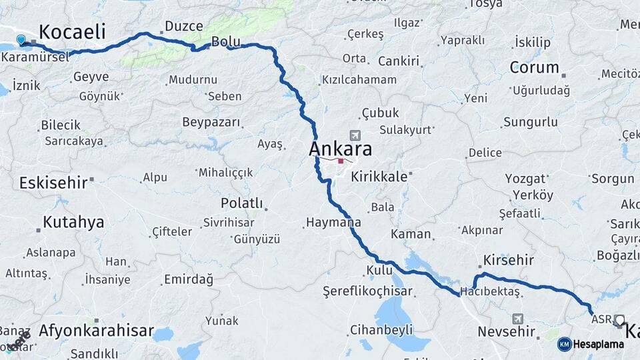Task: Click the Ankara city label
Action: [x=340, y=149]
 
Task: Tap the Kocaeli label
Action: [x=73, y=32]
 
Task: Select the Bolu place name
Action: [x=225, y=42]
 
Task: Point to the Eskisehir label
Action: [x=53, y=182]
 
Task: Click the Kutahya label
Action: [x=73, y=222]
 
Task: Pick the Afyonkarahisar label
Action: [x=96, y=330]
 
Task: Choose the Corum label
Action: [x=534, y=67]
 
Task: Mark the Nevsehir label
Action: [x=507, y=331]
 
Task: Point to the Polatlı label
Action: [x=241, y=203]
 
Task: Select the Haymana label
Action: [x=333, y=223]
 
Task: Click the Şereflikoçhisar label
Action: [x=367, y=291]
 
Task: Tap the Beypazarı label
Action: [x=211, y=122]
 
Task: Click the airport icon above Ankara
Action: [x=353, y=135]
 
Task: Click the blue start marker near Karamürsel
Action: [x=22, y=41]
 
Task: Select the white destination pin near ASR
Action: [x=619, y=321]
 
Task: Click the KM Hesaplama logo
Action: [x=591, y=344]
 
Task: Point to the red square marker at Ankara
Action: [x=341, y=161]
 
